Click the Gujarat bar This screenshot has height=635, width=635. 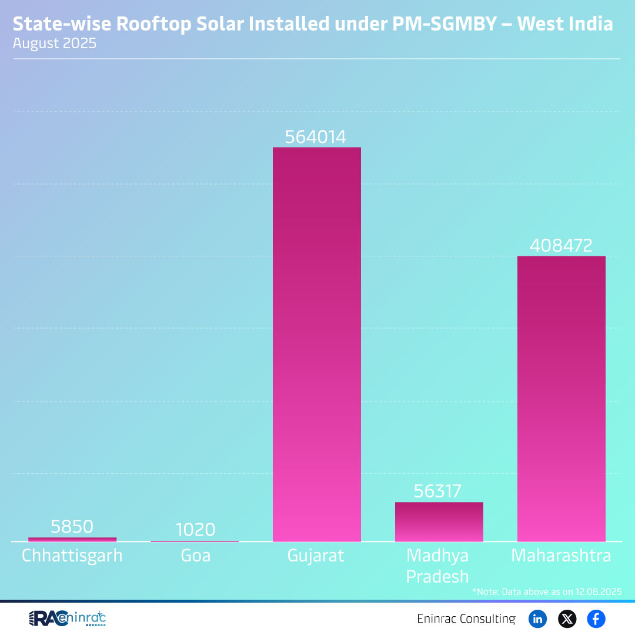316,344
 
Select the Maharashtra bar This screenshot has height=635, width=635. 561,399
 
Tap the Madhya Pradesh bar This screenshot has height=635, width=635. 439,522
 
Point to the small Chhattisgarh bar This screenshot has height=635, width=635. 72,539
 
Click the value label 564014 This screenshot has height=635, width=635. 316,137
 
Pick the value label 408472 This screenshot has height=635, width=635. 561,246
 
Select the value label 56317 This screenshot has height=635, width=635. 438,492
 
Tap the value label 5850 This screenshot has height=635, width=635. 72,527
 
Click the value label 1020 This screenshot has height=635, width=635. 195,530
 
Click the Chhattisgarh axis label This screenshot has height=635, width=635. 72,556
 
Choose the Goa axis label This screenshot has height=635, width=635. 195,556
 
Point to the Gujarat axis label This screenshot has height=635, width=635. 316,556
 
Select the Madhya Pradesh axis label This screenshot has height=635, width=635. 438,566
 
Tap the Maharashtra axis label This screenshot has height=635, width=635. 561,556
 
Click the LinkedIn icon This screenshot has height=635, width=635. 537,619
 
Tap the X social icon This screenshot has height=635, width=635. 567,619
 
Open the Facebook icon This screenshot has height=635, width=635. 596,619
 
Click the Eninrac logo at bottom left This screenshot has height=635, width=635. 67,619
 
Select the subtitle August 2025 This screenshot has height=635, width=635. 54,44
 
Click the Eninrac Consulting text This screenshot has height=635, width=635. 466,619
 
